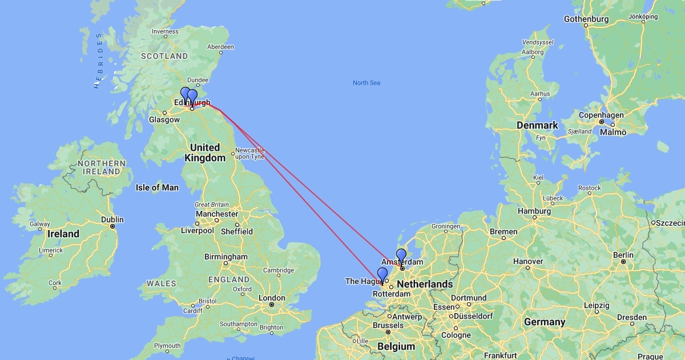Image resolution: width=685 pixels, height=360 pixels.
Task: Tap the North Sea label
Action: pos(366,83)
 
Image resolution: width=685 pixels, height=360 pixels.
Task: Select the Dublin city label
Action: pos(112,219)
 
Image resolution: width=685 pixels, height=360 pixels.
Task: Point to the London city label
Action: pos(272,298)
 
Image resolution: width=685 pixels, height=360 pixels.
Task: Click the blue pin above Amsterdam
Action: pos(401,256)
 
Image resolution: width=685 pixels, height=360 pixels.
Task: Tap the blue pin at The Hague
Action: pos(382,275)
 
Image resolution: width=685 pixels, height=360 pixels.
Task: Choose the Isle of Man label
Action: pos(157,187)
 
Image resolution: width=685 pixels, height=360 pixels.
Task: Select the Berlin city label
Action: pos(623,255)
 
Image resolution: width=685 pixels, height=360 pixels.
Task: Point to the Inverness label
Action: pos(165,31)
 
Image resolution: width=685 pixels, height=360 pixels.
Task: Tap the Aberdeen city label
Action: pos(221,47)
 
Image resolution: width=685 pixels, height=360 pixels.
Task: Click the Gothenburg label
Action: pos(586,19)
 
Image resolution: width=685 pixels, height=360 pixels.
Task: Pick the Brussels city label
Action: pos(388,325)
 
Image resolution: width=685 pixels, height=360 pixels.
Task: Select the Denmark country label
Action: pos(537,125)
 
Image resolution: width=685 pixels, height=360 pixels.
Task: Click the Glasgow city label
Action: pos(164,120)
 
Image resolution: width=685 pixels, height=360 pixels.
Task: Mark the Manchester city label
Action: pos(217,214)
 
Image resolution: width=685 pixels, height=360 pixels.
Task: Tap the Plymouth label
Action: pos(167,346)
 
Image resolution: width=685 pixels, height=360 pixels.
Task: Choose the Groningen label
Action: pos(446,226)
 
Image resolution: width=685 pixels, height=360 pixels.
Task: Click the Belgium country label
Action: pos(396,346)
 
